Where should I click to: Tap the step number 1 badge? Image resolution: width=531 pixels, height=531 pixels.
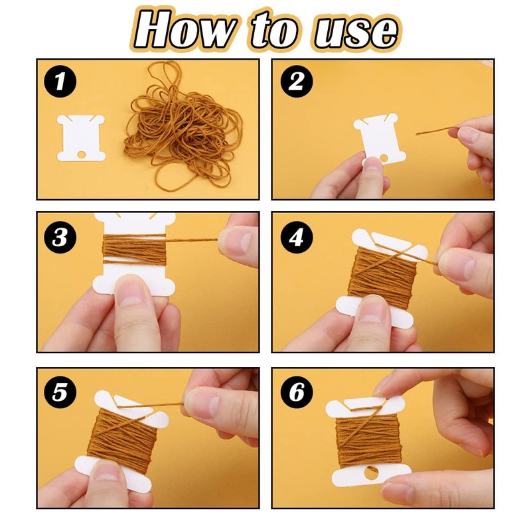pos(60,83)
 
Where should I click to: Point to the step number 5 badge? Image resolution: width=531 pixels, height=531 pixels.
pos(60,392)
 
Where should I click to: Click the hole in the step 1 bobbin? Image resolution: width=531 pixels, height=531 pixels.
pos(82,155)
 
